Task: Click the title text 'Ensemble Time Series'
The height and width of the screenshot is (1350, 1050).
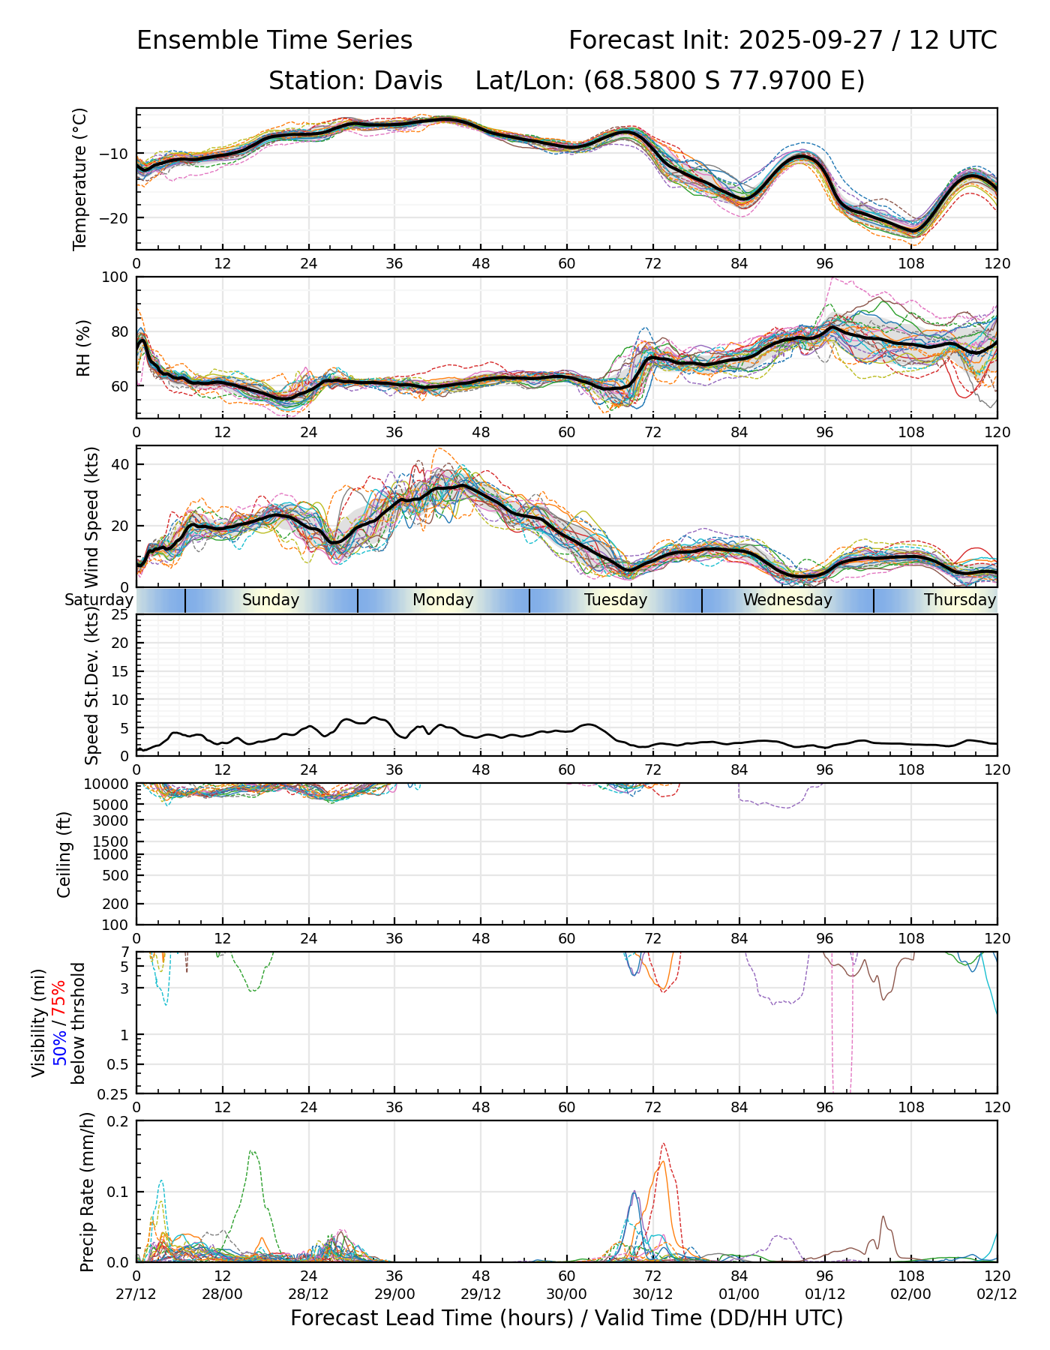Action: (x=274, y=40)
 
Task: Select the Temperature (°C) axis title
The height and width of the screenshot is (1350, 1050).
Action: (x=80, y=178)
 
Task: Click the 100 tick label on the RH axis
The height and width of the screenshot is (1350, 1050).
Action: (x=115, y=277)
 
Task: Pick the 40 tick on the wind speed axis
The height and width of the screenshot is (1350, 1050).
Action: (x=121, y=464)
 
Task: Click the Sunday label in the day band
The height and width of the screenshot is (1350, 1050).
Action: (x=271, y=600)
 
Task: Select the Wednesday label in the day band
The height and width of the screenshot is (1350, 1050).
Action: (x=787, y=600)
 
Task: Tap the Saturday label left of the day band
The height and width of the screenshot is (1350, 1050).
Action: (x=98, y=600)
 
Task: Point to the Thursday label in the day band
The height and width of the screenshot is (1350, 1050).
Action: (x=959, y=600)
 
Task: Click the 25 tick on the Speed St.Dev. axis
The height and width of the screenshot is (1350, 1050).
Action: (x=121, y=615)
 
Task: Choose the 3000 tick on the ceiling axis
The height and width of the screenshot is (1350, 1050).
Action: (x=113, y=820)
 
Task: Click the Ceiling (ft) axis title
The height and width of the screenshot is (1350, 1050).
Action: (x=64, y=854)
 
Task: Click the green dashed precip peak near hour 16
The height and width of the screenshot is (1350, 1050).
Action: (x=252, y=1152)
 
